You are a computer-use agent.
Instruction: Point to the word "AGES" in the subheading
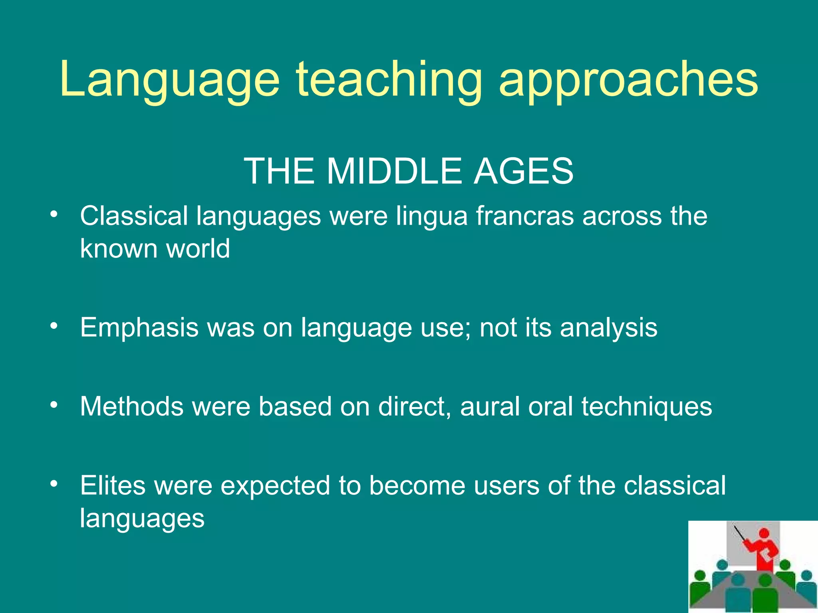click(x=523, y=171)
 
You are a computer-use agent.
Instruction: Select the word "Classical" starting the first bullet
click(x=134, y=216)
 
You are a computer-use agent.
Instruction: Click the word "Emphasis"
click(x=139, y=328)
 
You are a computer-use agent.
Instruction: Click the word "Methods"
click(x=132, y=407)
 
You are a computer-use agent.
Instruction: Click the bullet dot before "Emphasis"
click(x=54, y=327)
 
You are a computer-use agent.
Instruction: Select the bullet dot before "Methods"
click(x=54, y=405)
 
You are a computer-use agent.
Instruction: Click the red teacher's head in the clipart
click(x=764, y=534)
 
